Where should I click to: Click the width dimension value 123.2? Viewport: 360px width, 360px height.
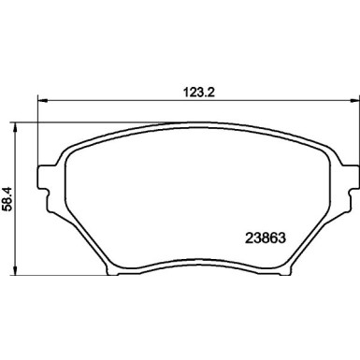tap(198, 93)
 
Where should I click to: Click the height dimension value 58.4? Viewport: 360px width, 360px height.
tap(7, 199)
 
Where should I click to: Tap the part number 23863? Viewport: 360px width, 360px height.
tap(266, 238)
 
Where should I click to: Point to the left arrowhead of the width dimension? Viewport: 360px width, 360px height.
tap(42, 100)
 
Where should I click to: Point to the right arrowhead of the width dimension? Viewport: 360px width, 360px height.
tap(353, 100)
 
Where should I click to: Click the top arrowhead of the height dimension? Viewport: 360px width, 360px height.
tap(15, 127)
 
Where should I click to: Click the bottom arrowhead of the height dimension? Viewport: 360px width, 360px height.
tap(15, 270)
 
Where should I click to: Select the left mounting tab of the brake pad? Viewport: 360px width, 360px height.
tap(45, 177)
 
